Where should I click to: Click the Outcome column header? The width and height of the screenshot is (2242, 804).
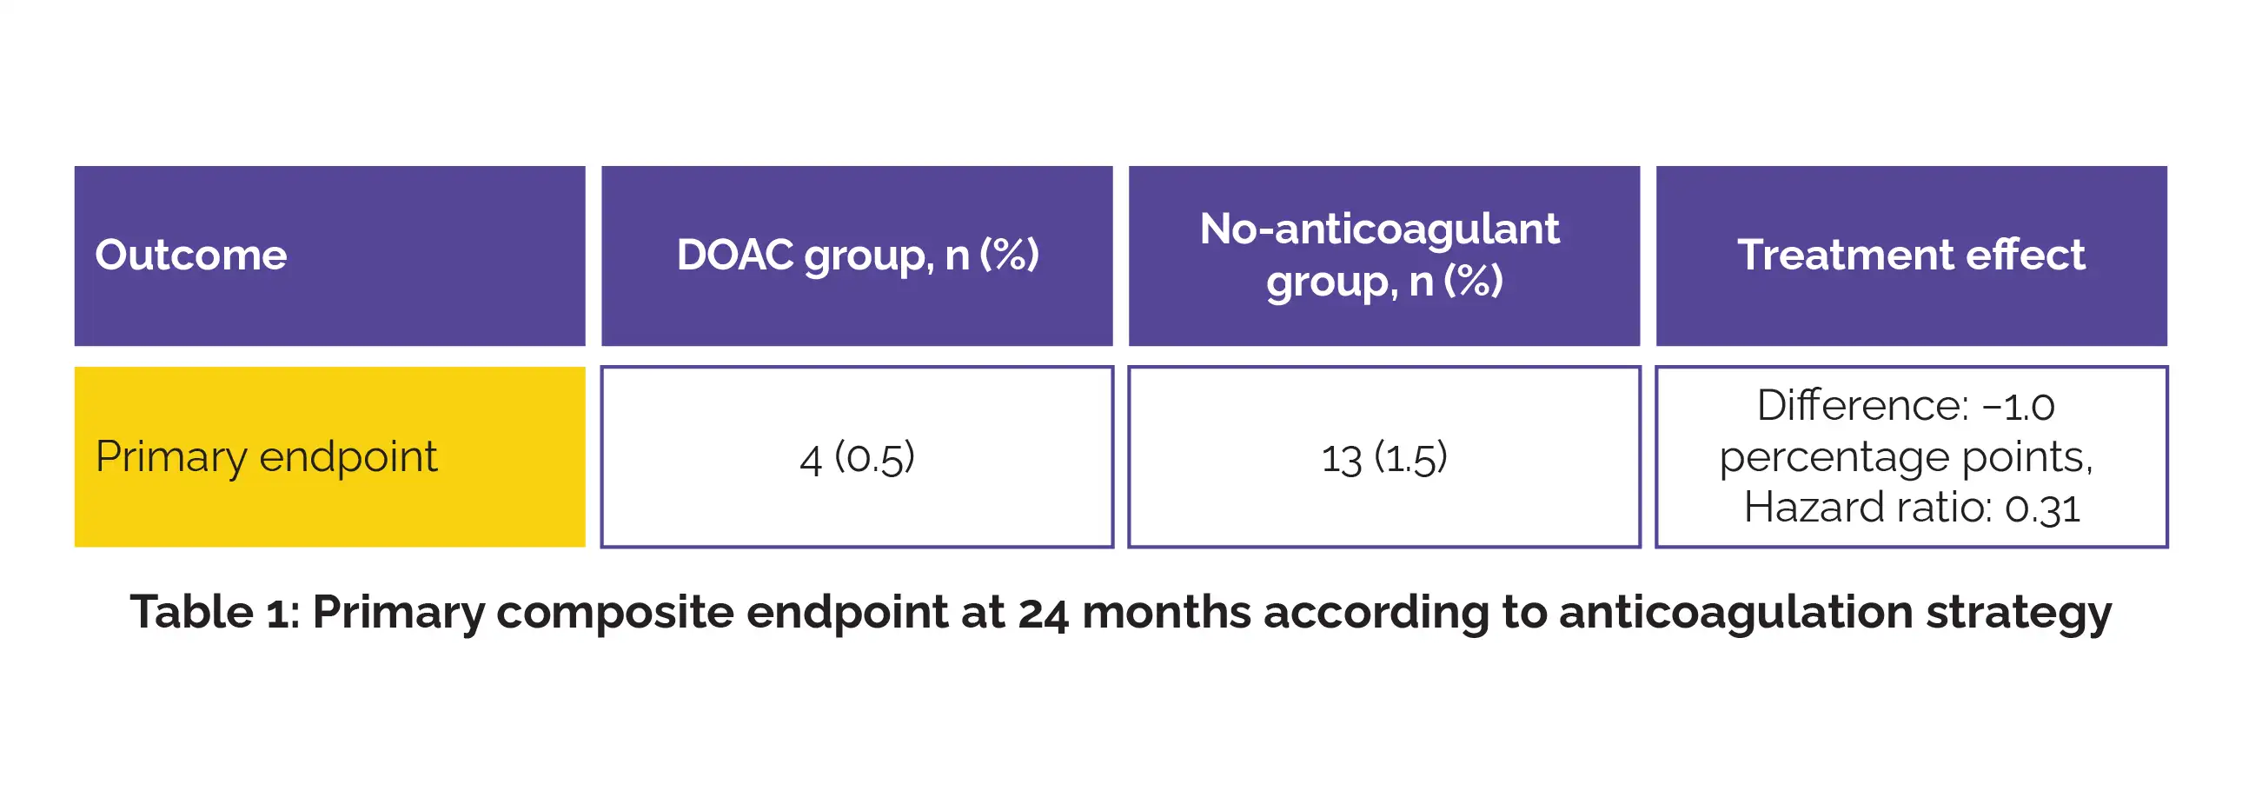pos(330,256)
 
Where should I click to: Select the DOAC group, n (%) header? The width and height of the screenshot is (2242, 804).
pos(858,256)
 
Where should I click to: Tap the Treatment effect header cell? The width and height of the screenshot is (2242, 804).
pos(1911,256)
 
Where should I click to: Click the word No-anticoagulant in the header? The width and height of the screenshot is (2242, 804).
pos(1379,229)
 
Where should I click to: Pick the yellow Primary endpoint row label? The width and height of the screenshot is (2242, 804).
pos(330,457)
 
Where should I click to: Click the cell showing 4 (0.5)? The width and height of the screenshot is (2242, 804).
pos(858,457)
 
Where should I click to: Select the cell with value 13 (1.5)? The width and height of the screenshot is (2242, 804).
pos(1384,457)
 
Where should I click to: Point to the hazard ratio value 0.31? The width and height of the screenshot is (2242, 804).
pos(2042,508)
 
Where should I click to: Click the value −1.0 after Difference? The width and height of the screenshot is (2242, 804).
pos(2019,407)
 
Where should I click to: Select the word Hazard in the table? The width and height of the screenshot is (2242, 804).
pos(1802,507)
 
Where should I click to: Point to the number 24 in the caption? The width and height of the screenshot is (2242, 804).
pos(1043,613)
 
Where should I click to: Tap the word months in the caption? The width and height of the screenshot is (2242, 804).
pos(1166,612)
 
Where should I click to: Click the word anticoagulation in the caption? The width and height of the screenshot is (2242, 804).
pos(1735,615)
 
